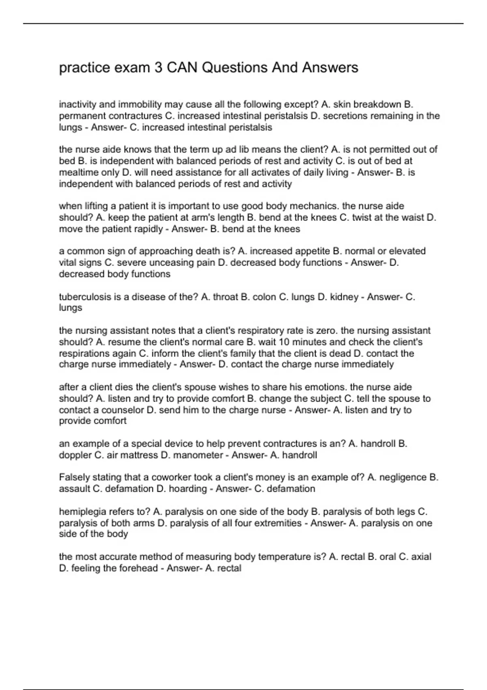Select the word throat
click(x=225, y=297)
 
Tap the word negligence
click(x=403, y=477)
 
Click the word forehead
click(x=138, y=568)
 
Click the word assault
click(x=74, y=489)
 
